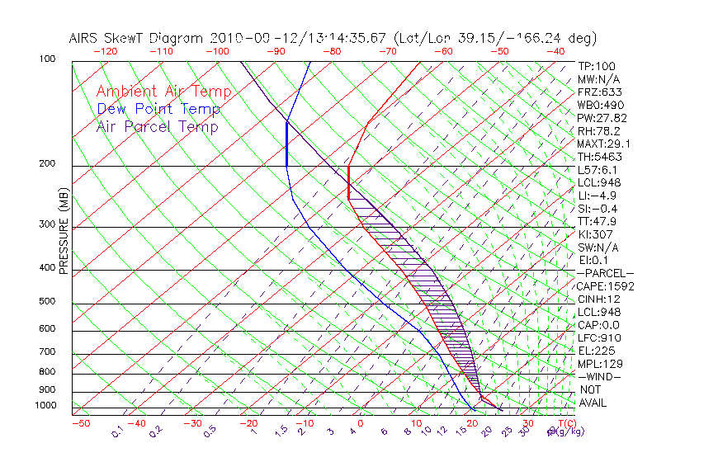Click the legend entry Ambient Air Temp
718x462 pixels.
pos(163,92)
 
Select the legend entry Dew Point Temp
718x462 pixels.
pos(158,109)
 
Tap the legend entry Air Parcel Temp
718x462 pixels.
pos(157,126)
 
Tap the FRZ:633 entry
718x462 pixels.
pos(598,92)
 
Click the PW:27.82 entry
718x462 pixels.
pos(600,118)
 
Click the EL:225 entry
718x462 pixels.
pos(596,351)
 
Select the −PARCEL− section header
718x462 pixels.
pos(605,273)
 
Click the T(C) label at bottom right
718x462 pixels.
pos(565,423)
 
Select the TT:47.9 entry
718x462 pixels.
pos(596,221)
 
